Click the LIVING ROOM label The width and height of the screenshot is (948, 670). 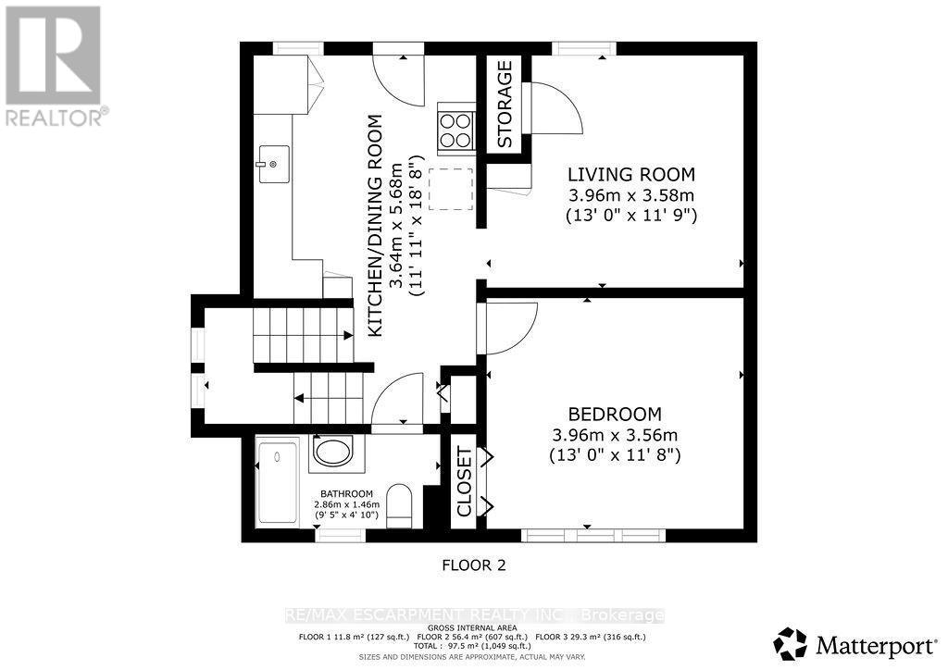[630, 174]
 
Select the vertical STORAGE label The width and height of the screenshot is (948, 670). [505, 105]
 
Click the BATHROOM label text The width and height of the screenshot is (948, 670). [347, 493]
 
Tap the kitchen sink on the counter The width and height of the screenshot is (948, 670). [273, 165]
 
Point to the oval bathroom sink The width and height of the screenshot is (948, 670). [331, 452]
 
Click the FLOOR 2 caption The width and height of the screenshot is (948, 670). [473, 564]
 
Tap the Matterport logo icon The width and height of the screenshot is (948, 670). [790, 642]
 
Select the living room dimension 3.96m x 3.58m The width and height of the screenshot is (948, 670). [630, 194]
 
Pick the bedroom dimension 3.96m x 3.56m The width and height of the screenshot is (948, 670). [616, 435]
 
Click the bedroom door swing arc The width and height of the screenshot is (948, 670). [511, 329]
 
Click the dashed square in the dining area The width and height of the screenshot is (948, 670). [452, 189]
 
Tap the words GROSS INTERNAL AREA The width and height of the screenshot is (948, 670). [472, 627]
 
